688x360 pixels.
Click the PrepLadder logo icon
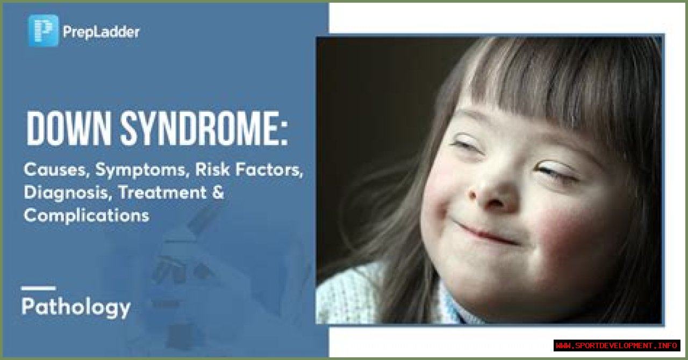(x=43, y=31)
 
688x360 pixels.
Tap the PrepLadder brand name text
(x=101, y=32)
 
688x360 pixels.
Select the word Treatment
(x=162, y=192)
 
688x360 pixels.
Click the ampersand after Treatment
(x=218, y=192)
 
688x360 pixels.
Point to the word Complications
(x=87, y=215)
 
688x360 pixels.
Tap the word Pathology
(x=76, y=307)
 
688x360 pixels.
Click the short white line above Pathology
(x=38, y=288)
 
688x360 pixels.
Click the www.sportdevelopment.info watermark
(x=617, y=345)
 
